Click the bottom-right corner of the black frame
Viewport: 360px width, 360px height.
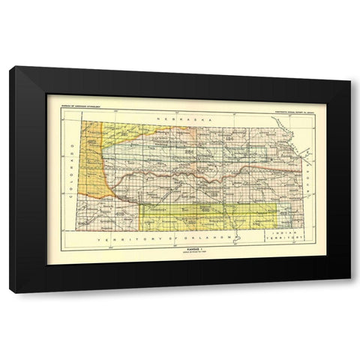tap(350, 292)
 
